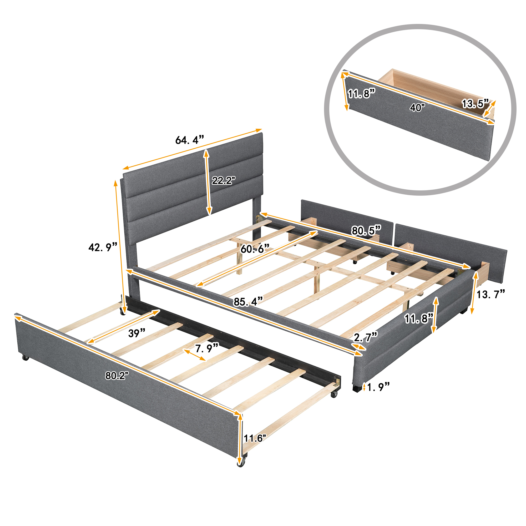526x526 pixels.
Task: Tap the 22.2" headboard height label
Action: coord(223,180)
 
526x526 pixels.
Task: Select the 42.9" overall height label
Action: coord(103,247)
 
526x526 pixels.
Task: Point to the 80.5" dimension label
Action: coord(366,231)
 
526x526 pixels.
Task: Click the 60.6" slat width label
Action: coord(255,248)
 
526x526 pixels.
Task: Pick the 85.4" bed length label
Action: coord(248,301)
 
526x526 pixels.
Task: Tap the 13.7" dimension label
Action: coord(490,294)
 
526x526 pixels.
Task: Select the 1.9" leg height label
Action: coord(378,387)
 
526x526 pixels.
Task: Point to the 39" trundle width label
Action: coord(137,333)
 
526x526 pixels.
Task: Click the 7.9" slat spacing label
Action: coord(207,348)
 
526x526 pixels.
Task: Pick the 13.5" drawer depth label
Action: coord(475,103)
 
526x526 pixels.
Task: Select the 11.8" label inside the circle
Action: coord(362,94)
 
